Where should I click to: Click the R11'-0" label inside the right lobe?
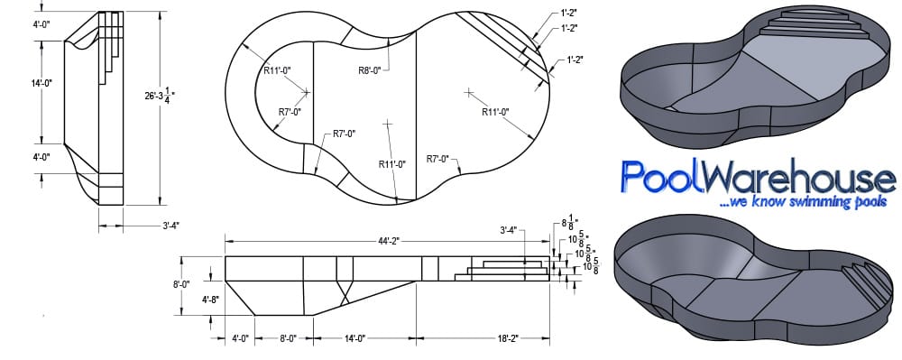[x=495, y=113]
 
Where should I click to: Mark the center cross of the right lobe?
[x=468, y=92]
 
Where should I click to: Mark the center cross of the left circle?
[x=307, y=92]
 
